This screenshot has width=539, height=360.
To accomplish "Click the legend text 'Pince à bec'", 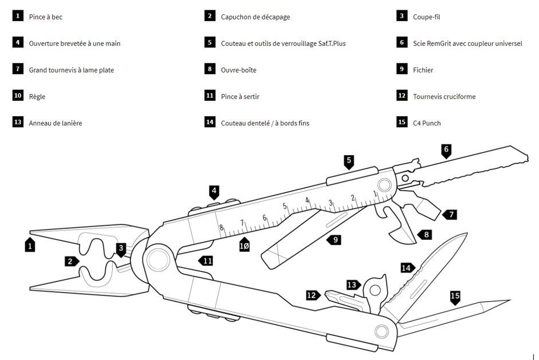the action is coord(45,17).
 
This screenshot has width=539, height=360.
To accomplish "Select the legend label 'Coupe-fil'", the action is coord(426,17).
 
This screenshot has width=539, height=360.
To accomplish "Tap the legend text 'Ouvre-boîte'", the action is coord(238,70).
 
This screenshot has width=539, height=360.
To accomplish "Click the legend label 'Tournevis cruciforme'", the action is coord(444,97).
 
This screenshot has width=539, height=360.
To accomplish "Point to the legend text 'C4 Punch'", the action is coord(427,123).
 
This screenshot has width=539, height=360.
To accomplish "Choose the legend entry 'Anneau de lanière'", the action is coord(56,123).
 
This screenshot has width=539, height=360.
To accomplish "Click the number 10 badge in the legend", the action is coord(18,95).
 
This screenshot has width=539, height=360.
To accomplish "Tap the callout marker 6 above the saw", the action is coord(446,151).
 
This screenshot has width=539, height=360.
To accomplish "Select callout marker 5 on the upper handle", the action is coord(349,162).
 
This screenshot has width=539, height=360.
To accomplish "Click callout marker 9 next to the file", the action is coord(334,240).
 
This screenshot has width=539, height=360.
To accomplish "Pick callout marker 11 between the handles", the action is coord(206,261).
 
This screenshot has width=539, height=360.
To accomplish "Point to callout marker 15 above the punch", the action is coord(455,297).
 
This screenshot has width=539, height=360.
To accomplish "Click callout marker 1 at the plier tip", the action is coord(30,244).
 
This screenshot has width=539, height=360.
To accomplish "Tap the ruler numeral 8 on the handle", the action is coord(221,227).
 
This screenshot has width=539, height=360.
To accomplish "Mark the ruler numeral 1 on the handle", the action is coord(375,194).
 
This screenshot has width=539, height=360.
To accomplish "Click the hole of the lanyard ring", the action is coord(375,290).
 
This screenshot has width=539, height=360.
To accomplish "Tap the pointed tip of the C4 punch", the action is coord(510,300).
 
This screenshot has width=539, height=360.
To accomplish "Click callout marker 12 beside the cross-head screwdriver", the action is coord(313,295).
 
